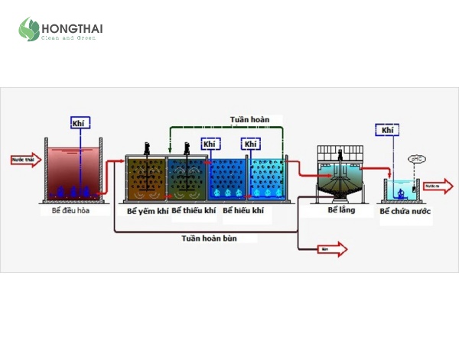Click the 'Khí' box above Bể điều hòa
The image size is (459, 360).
(77, 122)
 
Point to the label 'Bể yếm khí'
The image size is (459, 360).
(147, 210)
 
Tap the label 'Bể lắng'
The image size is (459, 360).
(341, 209)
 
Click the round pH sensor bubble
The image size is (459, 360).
(418, 160)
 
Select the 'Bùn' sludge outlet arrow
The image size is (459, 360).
(331, 248)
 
